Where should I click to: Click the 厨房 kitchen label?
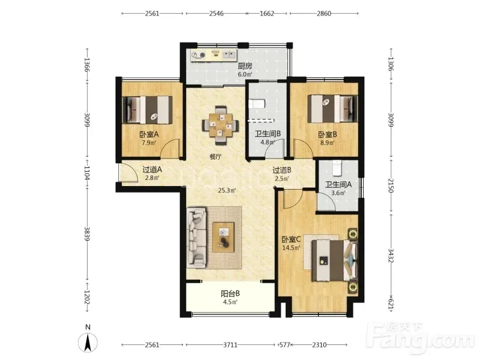click(245, 66)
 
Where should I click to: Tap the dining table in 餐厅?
click(220, 125)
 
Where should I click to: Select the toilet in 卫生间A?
click(337, 168)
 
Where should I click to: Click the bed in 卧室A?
click(147, 110)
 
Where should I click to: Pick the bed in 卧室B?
click(332, 109)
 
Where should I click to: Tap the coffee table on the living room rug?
click(223, 237)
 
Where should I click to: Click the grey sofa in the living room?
click(197, 237)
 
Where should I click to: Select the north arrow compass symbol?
click(88, 342)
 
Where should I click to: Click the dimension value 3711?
click(230, 345)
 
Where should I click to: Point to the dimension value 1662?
click(267, 13)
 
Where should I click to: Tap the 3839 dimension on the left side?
click(87, 233)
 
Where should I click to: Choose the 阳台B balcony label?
click(230, 293)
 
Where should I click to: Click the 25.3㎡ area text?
click(227, 190)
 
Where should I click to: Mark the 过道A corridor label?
click(152, 169)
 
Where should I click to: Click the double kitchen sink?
click(229, 55)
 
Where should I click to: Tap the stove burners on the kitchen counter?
click(198, 55)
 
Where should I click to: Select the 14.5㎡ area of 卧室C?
click(291, 248)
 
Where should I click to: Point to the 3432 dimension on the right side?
click(391, 255)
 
